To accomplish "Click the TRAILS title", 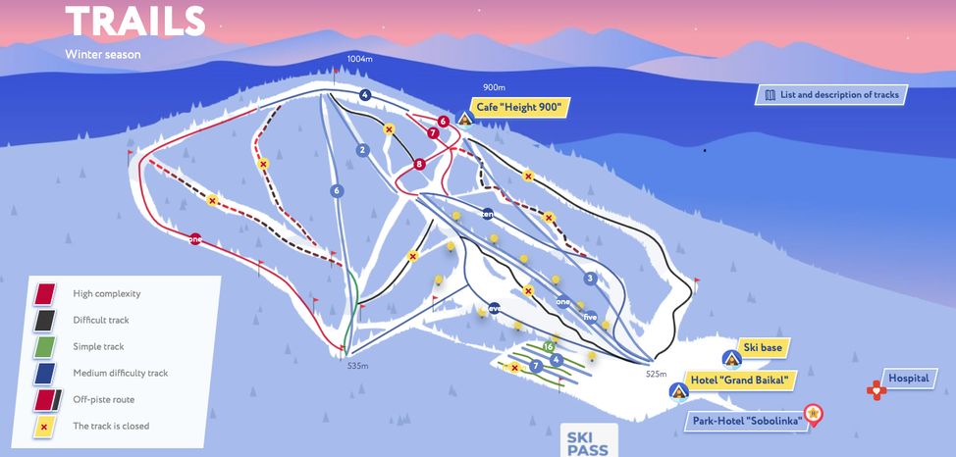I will (135, 21).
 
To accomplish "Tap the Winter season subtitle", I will (103, 54).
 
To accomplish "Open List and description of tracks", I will (830, 95).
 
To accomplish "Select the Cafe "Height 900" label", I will (521, 108).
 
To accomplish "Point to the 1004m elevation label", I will (360, 60).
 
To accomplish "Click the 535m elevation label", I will (357, 366).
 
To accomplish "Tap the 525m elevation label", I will (657, 374).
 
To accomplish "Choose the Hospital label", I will (908, 378).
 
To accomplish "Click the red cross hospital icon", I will (876, 390).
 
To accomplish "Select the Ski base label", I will (766, 347).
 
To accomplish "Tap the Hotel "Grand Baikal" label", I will (743, 381).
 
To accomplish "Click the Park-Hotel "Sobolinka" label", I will (745, 421).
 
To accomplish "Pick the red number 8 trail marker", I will (419, 164).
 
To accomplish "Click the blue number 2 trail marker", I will (362, 150).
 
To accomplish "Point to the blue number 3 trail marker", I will (590, 279).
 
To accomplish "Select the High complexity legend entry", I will (107, 293).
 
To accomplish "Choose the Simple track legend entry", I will (100, 346).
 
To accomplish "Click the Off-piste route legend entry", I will (103, 399).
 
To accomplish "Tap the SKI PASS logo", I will (588, 442).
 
